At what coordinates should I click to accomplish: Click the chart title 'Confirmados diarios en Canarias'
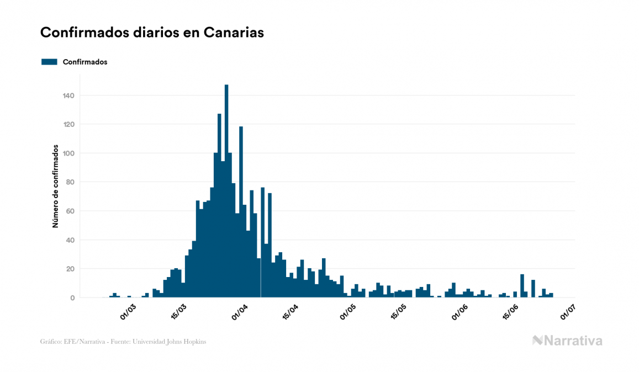point(152,33)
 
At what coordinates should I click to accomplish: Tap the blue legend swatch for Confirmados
point(49,62)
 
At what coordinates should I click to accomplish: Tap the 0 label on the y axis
point(72,298)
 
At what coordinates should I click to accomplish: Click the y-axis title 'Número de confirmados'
point(55,187)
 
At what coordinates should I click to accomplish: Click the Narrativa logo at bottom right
point(567,341)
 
